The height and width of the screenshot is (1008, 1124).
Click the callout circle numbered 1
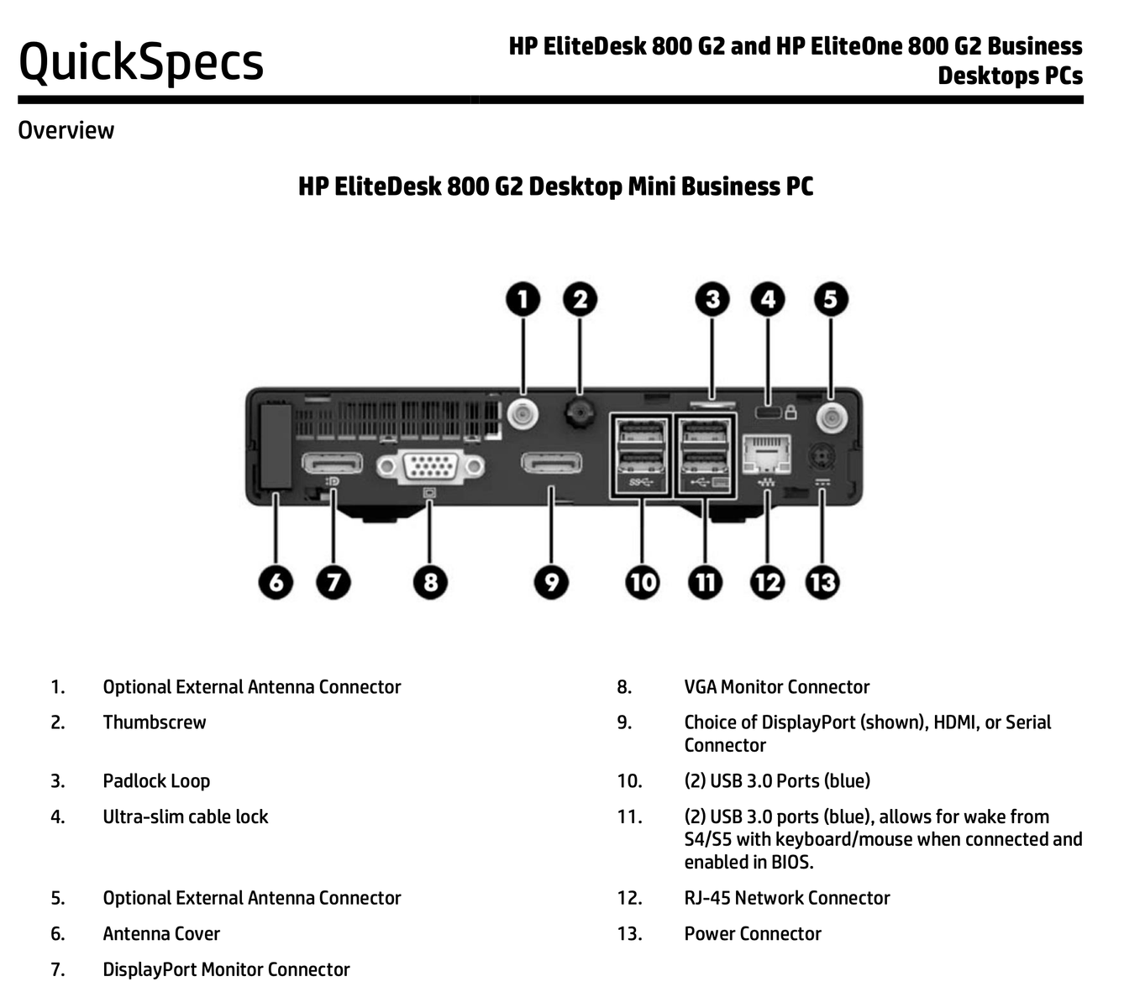(x=523, y=300)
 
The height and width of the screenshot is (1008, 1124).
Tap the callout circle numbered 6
(x=276, y=582)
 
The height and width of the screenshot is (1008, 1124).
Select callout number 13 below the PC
(x=822, y=582)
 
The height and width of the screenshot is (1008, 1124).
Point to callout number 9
(x=551, y=582)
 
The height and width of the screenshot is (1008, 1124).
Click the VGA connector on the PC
(x=430, y=466)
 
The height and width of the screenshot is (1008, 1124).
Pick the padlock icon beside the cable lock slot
(x=790, y=412)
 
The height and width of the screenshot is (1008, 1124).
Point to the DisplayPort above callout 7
(x=333, y=463)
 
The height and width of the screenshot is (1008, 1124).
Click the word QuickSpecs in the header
(x=141, y=62)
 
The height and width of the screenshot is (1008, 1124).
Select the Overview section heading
(x=66, y=130)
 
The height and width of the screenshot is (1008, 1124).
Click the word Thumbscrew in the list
(x=155, y=722)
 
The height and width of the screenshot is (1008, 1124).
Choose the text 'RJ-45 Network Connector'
(x=787, y=898)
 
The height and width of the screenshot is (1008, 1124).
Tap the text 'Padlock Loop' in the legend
(x=156, y=781)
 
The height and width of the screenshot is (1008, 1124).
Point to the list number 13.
(x=629, y=934)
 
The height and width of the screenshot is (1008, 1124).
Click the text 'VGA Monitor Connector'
(x=777, y=687)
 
